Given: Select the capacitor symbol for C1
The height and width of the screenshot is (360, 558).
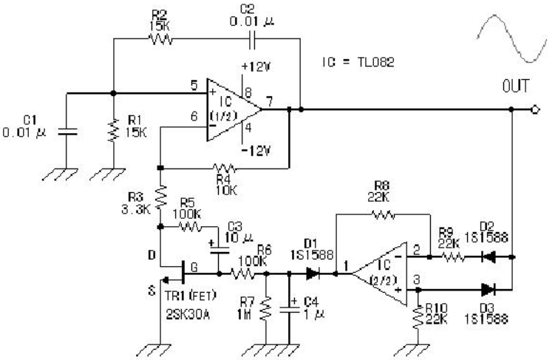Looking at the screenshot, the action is click(x=67, y=132).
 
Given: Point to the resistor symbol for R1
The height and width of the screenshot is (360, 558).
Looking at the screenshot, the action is click(x=113, y=131).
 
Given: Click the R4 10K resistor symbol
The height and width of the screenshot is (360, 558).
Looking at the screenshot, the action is click(x=224, y=168).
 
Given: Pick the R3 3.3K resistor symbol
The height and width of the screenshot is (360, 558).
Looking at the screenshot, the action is click(x=161, y=197).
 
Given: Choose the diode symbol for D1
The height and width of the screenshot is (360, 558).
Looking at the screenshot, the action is click(x=313, y=274).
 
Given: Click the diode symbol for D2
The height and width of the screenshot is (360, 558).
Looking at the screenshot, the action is click(x=488, y=257).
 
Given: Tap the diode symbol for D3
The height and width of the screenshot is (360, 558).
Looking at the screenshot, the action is click(x=488, y=290).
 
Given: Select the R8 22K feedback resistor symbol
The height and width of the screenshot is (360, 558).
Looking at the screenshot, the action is click(x=383, y=214).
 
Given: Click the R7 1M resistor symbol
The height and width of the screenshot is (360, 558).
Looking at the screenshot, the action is click(x=266, y=310).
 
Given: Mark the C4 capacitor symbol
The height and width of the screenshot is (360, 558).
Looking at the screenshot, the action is click(x=289, y=310).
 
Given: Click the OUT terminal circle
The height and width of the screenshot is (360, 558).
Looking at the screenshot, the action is click(x=535, y=109).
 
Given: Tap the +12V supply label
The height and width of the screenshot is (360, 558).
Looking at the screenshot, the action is click(x=256, y=67).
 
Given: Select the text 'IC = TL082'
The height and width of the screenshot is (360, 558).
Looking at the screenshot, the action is click(x=358, y=63).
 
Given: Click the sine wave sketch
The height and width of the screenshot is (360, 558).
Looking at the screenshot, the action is click(x=511, y=38).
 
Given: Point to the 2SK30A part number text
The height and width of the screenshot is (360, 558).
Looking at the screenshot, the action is click(x=188, y=314).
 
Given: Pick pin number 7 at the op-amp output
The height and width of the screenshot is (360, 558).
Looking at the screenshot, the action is click(x=269, y=101).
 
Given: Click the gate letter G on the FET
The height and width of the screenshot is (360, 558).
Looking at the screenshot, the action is click(x=194, y=267).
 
